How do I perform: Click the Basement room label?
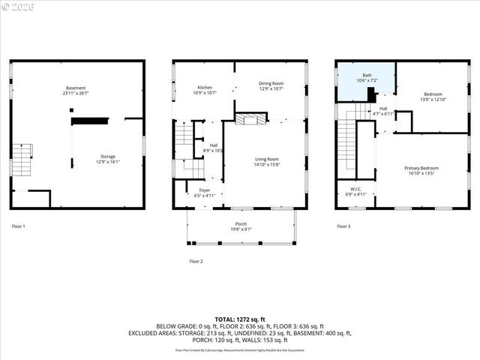tap(75, 88)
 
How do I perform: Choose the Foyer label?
tap(204, 190)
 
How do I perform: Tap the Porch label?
tap(240, 223)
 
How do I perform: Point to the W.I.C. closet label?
tap(356, 188)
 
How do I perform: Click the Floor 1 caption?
tap(19, 226)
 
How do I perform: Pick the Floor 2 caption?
tap(196, 261)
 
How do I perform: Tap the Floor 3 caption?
tap(343, 226)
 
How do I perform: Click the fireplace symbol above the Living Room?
tap(250, 118)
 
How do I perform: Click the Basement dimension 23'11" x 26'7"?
tap(75, 94)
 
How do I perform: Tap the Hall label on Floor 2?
tap(214, 145)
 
